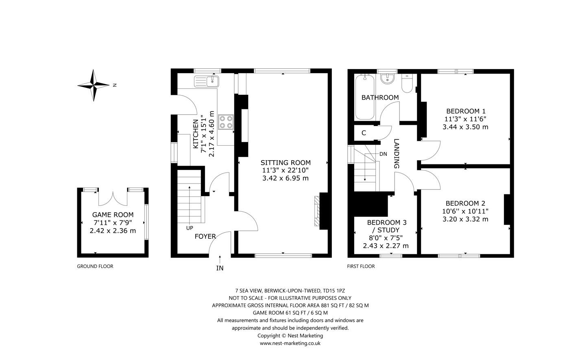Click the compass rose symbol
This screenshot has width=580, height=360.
tap(94, 85)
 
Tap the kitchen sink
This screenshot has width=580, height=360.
tap(206, 81)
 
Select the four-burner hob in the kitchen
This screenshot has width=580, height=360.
tap(226, 122)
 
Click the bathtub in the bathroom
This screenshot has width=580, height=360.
tap(365, 97)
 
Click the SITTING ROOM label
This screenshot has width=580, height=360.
tap(286, 163)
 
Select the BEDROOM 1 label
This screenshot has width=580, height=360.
tap(466, 111)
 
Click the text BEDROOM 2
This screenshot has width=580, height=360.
tap(465, 203)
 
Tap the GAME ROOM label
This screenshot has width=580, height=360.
tap(113, 215)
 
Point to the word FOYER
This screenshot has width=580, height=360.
tap(205, 236)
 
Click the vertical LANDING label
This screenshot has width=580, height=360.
tap(397, 154)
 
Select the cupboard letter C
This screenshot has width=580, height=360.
tap(364, 133)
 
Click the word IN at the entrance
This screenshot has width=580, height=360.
tap(220, 268)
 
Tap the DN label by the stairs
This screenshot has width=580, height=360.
tap(383, 154)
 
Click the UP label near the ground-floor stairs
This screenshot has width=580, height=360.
tap(190, 228)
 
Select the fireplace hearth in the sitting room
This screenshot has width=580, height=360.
tap(317, 211)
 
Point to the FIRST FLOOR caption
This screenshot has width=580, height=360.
tap(361, 266)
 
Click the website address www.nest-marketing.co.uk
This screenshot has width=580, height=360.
tap(290, 343)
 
